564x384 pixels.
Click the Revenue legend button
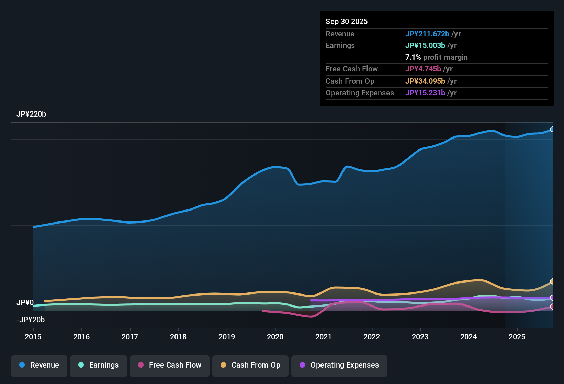(x=39, y=365)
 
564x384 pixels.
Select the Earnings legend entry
(x=99, y=365)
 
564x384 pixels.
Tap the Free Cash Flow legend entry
(x=170, y=365)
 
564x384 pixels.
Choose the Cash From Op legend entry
(x=250, y=365)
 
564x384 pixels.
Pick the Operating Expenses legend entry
(x=339, y=365)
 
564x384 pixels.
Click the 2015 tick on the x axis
(x=33, y=337)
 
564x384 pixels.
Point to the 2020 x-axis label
(x=275, y=337)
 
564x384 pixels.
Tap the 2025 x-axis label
(x=517, y=337)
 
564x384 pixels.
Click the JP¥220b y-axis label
(x=31, y=114)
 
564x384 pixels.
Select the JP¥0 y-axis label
(x=25, y=303)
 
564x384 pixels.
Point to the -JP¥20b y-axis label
(x=31, y=320)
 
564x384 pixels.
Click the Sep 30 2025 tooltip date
(x=347, y=22)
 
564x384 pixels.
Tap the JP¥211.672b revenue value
(x=427, y=34)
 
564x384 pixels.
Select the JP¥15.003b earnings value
(x=425, y=46)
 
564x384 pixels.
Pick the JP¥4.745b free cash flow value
(x=423, y=69)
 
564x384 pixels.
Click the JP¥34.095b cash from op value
(x=425, y=81)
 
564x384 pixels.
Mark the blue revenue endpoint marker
(x=552, y=129)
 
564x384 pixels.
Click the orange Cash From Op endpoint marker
(x=552, y=281)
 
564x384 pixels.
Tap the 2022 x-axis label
(x=372, y=337)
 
